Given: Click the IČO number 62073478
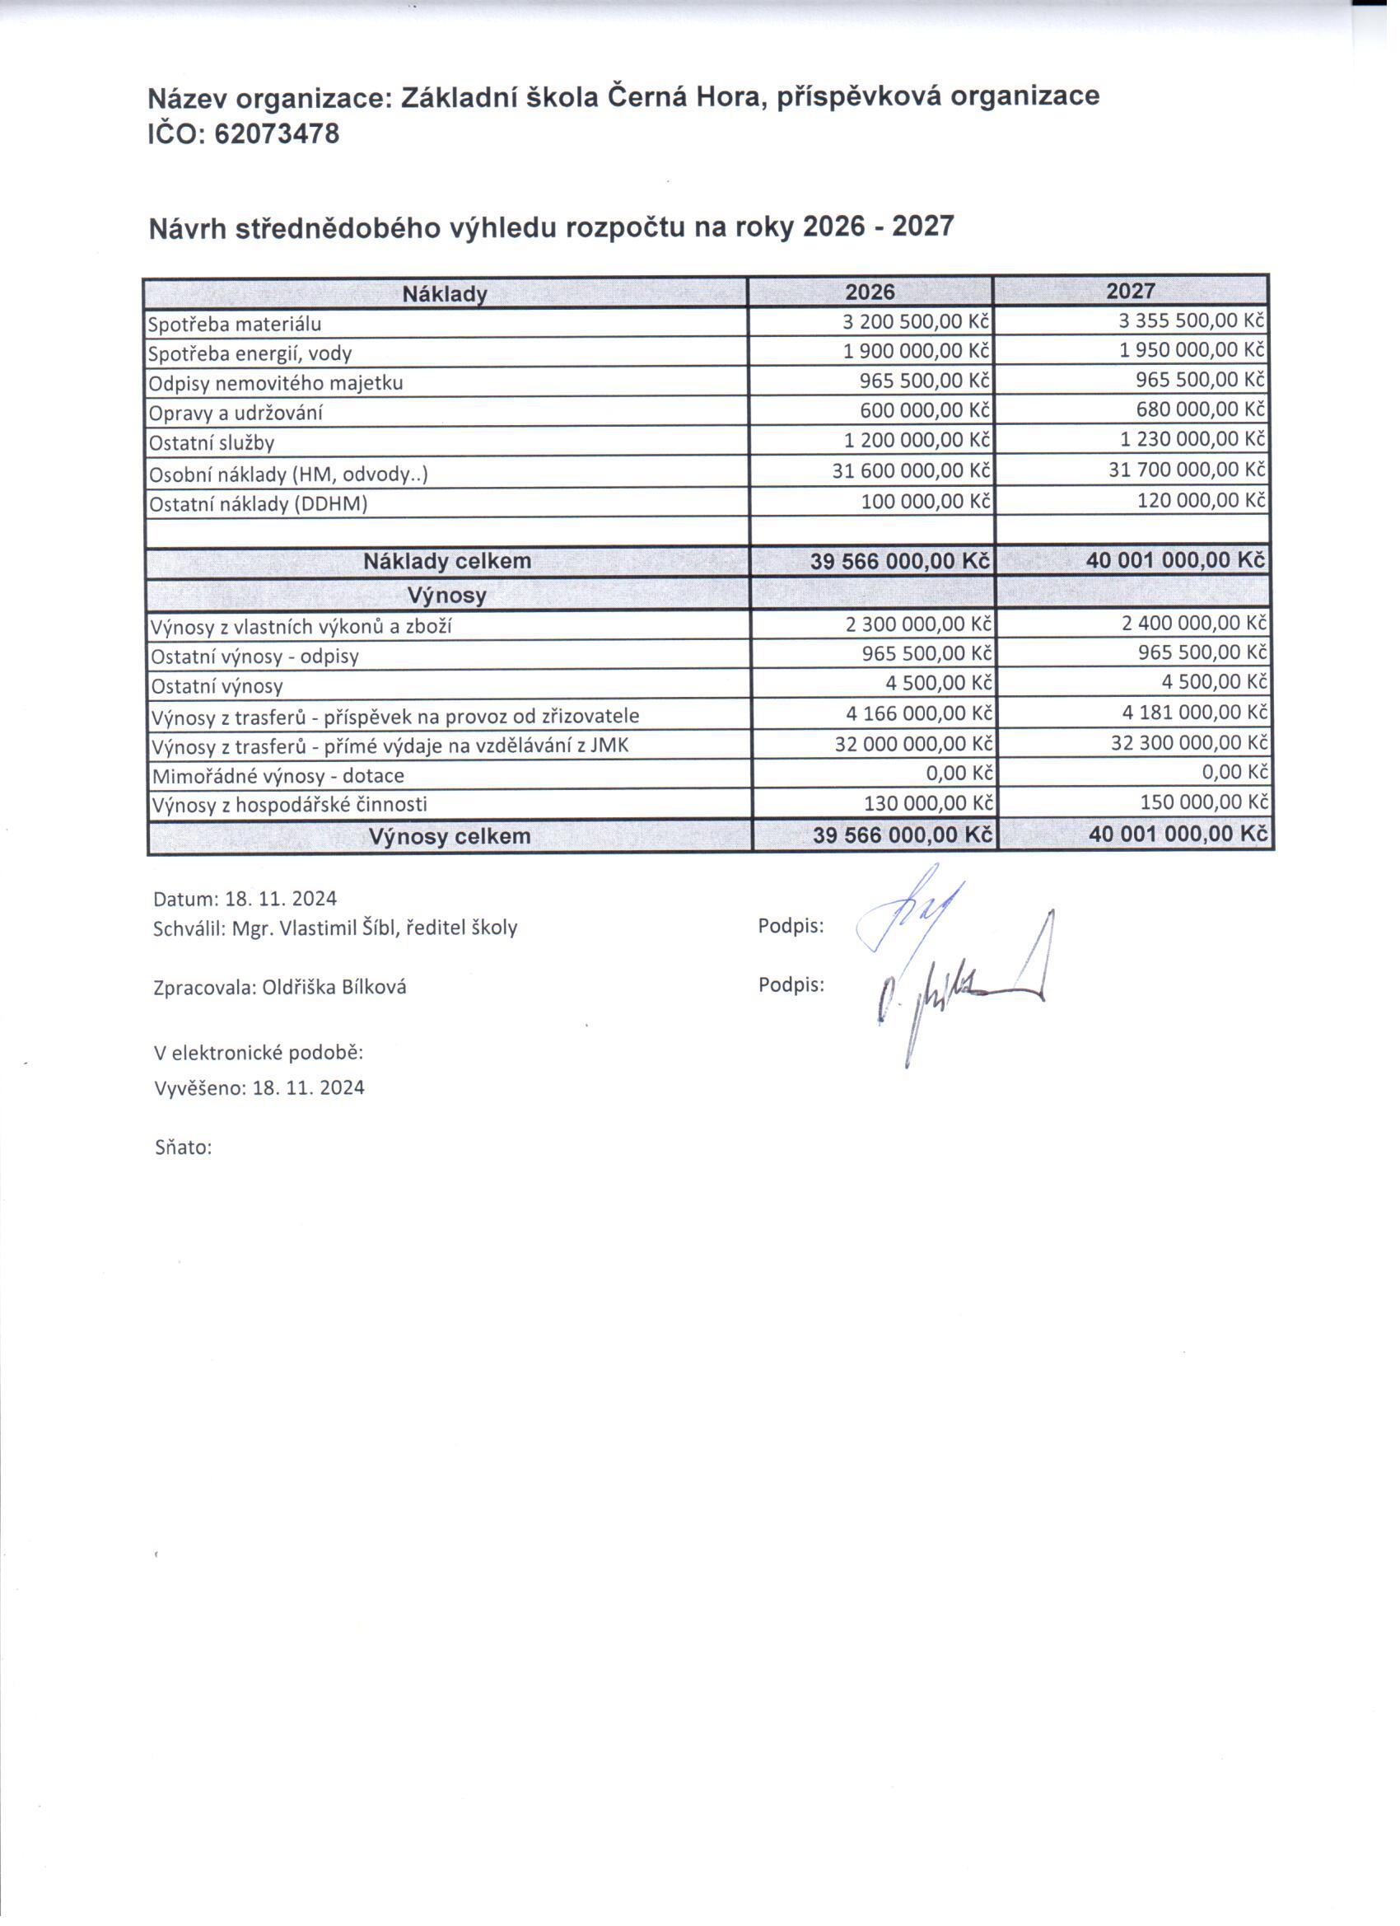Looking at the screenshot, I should (x=277, y=134).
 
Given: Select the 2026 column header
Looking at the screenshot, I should (x=870, y=292).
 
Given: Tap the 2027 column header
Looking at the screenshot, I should (x=1130, y=292).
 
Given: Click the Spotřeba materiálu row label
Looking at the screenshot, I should (x=236, y=325).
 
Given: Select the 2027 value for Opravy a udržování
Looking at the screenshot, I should (x=1201, y=410).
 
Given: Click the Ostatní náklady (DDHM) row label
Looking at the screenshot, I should (x=258, y=504).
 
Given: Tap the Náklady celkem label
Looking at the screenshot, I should (x=446, y=561).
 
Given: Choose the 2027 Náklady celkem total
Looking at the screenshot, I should (x=1175, y=560).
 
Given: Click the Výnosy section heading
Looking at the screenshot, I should (x=446, y=596).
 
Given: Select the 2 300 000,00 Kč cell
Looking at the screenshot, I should (x=917, y=624).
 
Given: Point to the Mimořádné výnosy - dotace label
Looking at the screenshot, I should (x=278, y=776).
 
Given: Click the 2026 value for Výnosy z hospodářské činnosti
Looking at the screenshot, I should (x=927, y=803).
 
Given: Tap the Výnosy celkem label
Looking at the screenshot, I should (x=449, y=836).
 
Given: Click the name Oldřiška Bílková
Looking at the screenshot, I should (x=334, y=987).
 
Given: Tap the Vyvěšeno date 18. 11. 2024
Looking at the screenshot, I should (x=308, y=1088).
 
